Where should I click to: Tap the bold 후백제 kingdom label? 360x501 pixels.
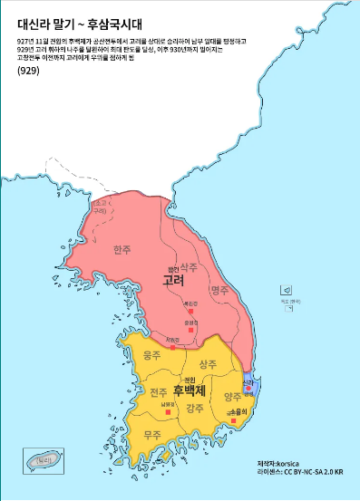pos(190,390)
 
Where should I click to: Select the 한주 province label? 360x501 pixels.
pos(122,249)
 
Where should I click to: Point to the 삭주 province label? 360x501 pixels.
pos(189,267)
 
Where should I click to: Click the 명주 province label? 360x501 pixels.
pos(219,291)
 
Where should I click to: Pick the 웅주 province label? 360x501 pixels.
pos(151,358)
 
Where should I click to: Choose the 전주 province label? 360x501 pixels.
pos(158,392)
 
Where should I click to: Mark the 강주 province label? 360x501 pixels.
pos(194,409)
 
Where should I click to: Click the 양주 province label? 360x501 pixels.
pos(232,396)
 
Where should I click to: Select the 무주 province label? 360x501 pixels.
pos(151,434)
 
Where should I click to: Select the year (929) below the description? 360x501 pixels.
pos(28,71)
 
